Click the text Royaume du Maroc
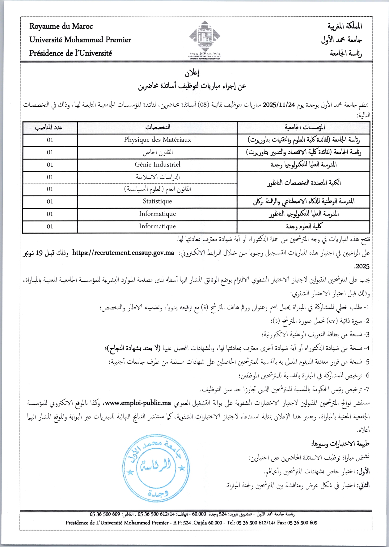coord(61,26)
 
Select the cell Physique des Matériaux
coord(158,140)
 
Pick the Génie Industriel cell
coord(158,165)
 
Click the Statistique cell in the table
coord(158,201)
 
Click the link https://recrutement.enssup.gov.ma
coord(123,253)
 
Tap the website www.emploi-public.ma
coord(138,403)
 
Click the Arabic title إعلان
coord(192,73)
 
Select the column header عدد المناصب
coord(49,127)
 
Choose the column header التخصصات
coord(158,127)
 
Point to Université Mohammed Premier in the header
coord(80,40)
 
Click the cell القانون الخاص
coord(158,152)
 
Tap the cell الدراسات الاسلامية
coord(158,177)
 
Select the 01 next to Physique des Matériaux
coord(50,140)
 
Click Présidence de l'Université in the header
coord(70,53)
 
